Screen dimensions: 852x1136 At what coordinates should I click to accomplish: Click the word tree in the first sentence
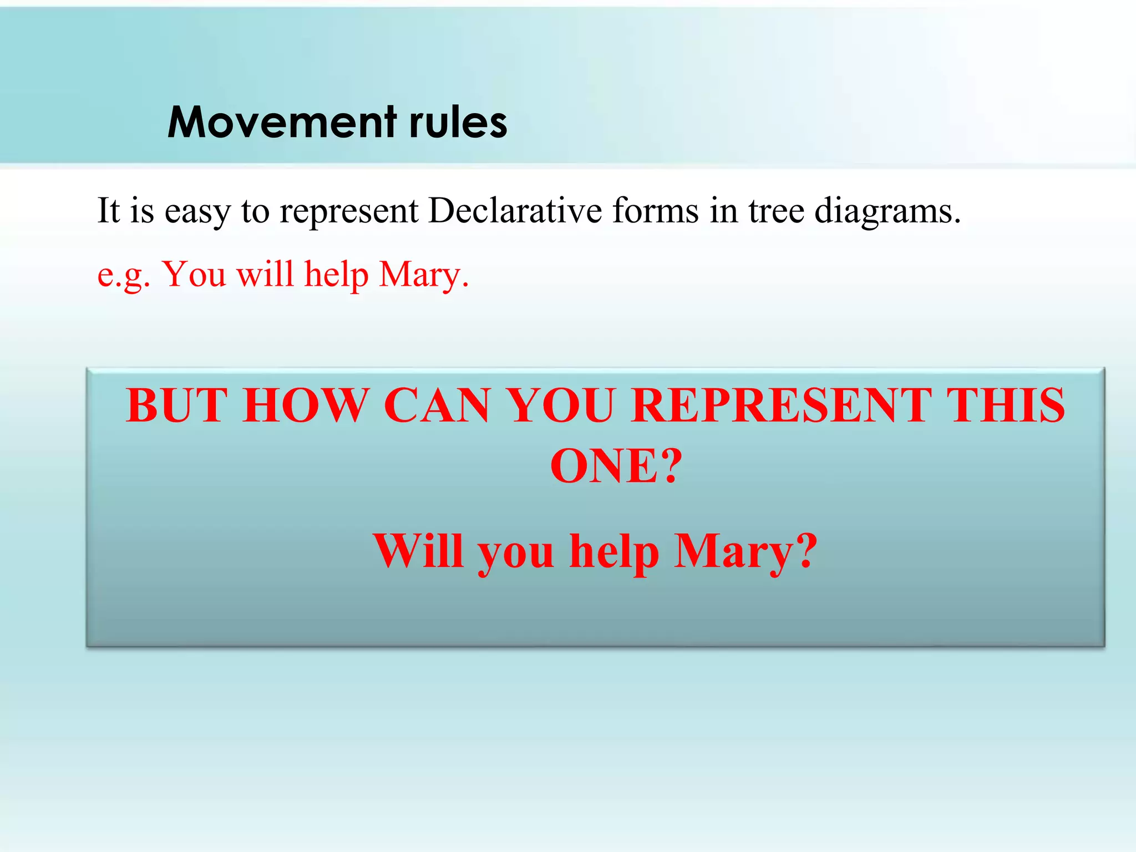click(776, 211)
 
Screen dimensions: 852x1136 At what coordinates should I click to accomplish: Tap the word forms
click(655, 211)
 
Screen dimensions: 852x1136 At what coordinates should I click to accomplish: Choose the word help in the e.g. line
click(336, 275)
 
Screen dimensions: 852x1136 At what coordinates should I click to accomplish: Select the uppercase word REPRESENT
click(781, 405)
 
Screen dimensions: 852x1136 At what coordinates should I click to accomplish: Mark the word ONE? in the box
click(616, 466)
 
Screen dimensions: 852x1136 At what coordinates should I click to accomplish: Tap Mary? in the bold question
click(745, 551)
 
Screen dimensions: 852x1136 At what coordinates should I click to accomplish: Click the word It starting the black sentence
click(108, 211)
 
